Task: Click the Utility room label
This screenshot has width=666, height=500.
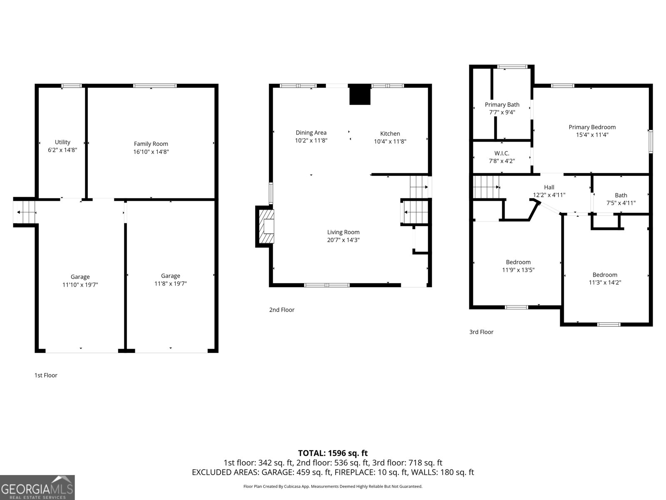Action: pyautogui.click(x=62, y=142)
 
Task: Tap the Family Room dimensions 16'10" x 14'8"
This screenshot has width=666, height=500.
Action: pyautogui.click(x=151, y=152)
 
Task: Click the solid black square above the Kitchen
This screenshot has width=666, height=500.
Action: pyautogui.click(x=360, y=95)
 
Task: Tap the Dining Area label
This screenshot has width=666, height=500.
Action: pyautogui.click(x=311, y=133)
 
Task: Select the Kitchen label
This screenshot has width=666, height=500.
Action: pyautogui.click(x=390, y=134)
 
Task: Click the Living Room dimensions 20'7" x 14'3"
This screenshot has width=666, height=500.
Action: pyautogui.click(x=343, y=240)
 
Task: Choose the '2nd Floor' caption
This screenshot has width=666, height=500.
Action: pyautogui.click(x=282, y=310)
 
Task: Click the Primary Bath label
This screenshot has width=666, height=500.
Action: pyautogui.click(x=502, y=105)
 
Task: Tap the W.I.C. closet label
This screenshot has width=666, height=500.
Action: pyautogui.click(x=502, y=153)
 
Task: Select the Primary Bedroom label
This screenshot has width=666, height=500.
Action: pyautogui.click(x=592, y=127)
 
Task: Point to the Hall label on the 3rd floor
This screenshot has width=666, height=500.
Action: pyautogui.click(x=549, y=187)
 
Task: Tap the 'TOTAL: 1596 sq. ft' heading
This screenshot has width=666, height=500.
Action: pyautogui.click(x=333, y=453)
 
